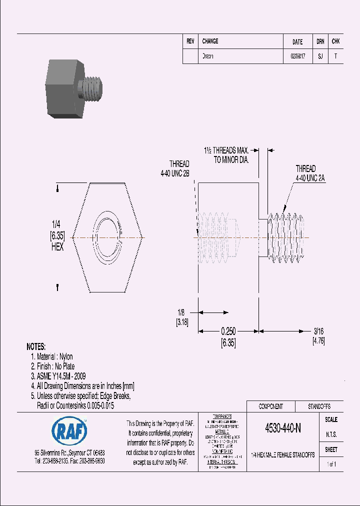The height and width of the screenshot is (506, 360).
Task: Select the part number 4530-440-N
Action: (x=282, y=428)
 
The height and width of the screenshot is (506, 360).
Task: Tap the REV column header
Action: (x=190, y=41)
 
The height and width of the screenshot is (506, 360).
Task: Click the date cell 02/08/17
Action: (x=297, y=56)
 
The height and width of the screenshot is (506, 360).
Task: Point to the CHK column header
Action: (x=335, y=41)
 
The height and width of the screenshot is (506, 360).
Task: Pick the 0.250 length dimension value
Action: (x=228, y=331)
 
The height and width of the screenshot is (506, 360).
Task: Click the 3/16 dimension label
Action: (x=318, y=331)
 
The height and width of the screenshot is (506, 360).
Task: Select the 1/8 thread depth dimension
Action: (x=181, y=312)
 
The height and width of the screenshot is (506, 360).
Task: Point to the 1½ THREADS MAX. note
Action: (x=226, y=150)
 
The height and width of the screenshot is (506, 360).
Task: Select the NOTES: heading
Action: (x=36, y=346)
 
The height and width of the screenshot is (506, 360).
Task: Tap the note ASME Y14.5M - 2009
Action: (x=58, y=376)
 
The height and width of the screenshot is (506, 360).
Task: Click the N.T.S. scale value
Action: (x=331, y=434)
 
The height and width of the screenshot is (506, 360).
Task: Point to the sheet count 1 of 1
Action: (x=331, y=464)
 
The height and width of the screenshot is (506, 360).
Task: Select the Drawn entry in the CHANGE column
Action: (x=207, y=56)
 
